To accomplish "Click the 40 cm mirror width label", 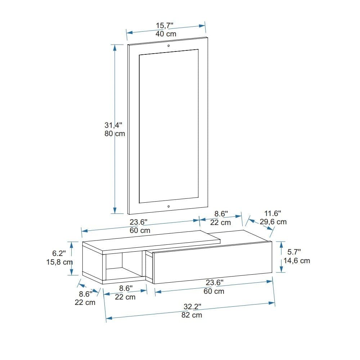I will point(166,34).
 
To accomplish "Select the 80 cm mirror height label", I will point(114,134).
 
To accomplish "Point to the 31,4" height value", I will point(113,125).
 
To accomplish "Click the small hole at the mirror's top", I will point(168,46).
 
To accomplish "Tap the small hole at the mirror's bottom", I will point(168,207).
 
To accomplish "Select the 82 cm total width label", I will point(192,315).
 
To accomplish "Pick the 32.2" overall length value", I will point(192,307).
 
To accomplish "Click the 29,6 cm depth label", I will point(273,222).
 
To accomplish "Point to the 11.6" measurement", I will point(273,213).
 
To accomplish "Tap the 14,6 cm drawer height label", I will point(297,261).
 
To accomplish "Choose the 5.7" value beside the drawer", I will point(294,252).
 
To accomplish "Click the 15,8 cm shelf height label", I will point(60,262).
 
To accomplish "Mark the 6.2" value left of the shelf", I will point(59,254).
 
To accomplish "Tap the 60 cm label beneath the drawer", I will point(214,291).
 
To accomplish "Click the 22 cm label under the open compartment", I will point(125,297).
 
